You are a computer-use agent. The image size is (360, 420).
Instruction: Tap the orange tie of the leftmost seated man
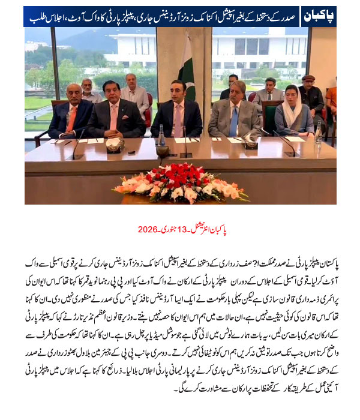tap(71, 118)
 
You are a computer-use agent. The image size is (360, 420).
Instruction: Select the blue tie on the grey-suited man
tap(233, 122)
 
